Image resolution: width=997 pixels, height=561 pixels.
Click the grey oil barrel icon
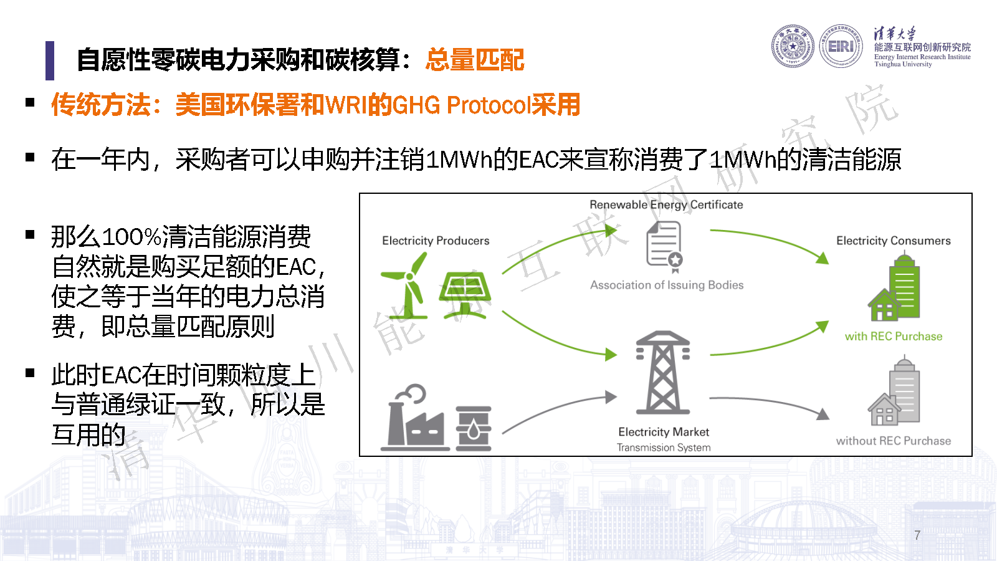(474, 428)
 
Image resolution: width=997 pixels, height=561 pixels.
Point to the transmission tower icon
(663, 372)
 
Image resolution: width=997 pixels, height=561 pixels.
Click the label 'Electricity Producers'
(436, 241)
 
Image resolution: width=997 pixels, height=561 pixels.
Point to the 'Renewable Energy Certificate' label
(666, 205)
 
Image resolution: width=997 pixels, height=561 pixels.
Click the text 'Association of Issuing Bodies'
(667, 285)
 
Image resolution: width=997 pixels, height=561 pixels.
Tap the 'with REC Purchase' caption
(894, 336)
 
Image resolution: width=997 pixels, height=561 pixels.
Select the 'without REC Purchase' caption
(894, 441)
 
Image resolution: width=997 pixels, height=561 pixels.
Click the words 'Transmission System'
(664, 448)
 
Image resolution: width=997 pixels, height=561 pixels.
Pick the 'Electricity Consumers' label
(894, 241)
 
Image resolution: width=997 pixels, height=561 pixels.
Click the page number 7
(917, 535)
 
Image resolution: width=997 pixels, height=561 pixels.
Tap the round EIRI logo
(841, 46)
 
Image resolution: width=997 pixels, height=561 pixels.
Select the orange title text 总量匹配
(475, 60)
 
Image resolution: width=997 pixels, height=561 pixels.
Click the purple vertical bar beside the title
(50, 60)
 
